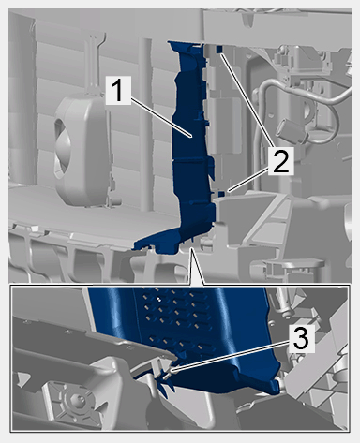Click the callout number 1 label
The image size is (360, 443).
pos(118,91)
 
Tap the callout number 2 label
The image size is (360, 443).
pos(281,161)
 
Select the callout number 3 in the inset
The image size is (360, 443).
pos(301,339)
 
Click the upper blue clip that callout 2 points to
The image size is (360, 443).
pos(218,49)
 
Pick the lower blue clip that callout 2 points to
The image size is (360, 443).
pos(221,194)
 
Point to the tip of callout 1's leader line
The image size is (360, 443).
pos(190,136)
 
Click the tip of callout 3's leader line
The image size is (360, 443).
pos(171,371)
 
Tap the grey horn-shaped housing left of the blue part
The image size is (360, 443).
pos(82,151)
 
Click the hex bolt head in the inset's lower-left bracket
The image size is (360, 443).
pos(76,399)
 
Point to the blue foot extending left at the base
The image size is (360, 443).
pos(156,242)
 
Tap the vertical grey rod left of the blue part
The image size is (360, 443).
pos(145,125)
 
